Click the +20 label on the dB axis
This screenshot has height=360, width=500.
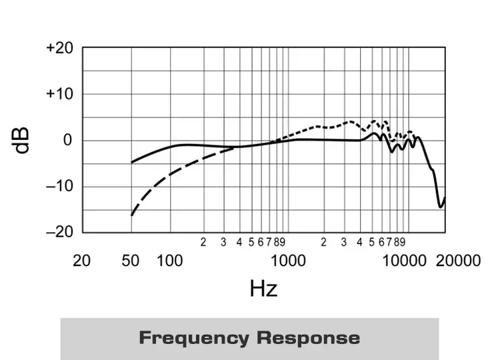pos(59,48)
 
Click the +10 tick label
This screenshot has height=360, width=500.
pos(59,94)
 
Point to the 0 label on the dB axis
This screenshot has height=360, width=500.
pos(67,140)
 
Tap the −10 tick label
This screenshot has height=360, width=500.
pos(59,185)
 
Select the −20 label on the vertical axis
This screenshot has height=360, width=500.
pos(59,231)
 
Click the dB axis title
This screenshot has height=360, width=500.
pos(23,140)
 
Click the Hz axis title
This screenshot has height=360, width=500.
pos(263,288)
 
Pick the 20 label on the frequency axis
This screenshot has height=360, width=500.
pos(81,260)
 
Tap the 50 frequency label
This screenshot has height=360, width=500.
pos(131,260)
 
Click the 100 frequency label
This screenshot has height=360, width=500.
pos(169,260)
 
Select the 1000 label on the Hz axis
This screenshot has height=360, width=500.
pos(289,260)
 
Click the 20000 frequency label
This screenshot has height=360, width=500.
pos(458,260)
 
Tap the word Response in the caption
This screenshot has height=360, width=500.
pos(308,338)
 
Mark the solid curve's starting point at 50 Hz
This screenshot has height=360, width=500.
pos(131,162)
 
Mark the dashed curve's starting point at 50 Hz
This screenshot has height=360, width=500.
pos(131,215)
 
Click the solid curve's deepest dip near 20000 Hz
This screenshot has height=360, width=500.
pos(441,207)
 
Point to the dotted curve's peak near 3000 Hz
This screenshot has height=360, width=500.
pos(350,121)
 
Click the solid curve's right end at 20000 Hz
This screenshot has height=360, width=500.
pos(445,198)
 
